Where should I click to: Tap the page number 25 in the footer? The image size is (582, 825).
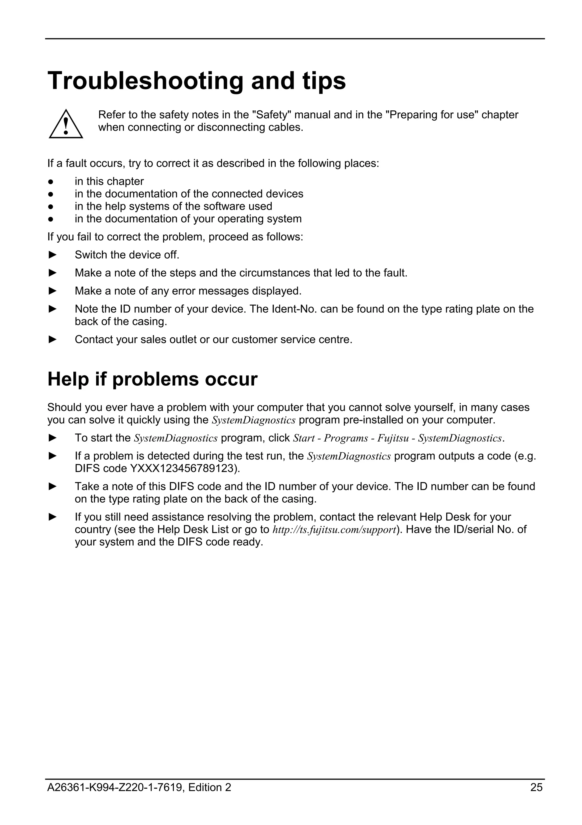536,787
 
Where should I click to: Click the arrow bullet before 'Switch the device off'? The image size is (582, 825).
53,255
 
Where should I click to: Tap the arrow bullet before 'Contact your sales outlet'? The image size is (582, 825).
53,339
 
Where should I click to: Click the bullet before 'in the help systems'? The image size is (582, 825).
51,207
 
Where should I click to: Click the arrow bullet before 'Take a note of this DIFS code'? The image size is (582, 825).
53,486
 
